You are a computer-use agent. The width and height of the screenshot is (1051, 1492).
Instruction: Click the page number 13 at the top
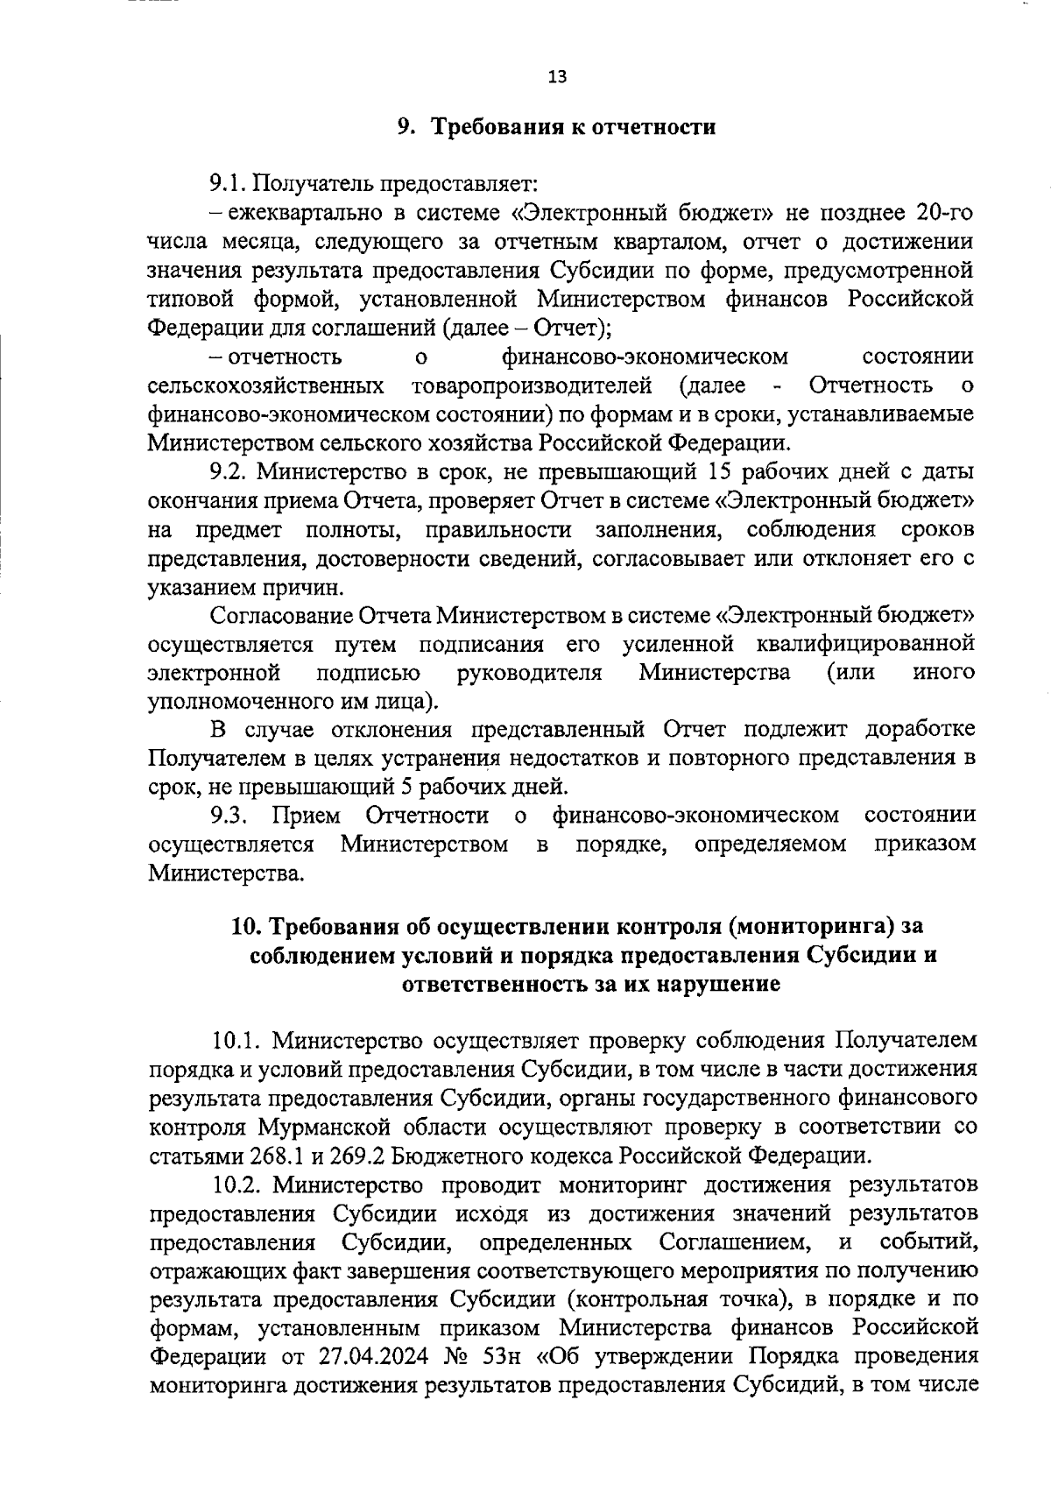(x=557, y=76)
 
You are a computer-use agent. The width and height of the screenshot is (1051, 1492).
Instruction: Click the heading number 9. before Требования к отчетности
(x=405, y=128)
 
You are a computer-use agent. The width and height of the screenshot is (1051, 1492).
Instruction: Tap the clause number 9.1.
(x=230, y=184)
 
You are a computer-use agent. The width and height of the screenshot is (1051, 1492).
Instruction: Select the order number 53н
(x=502, y=1358)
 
